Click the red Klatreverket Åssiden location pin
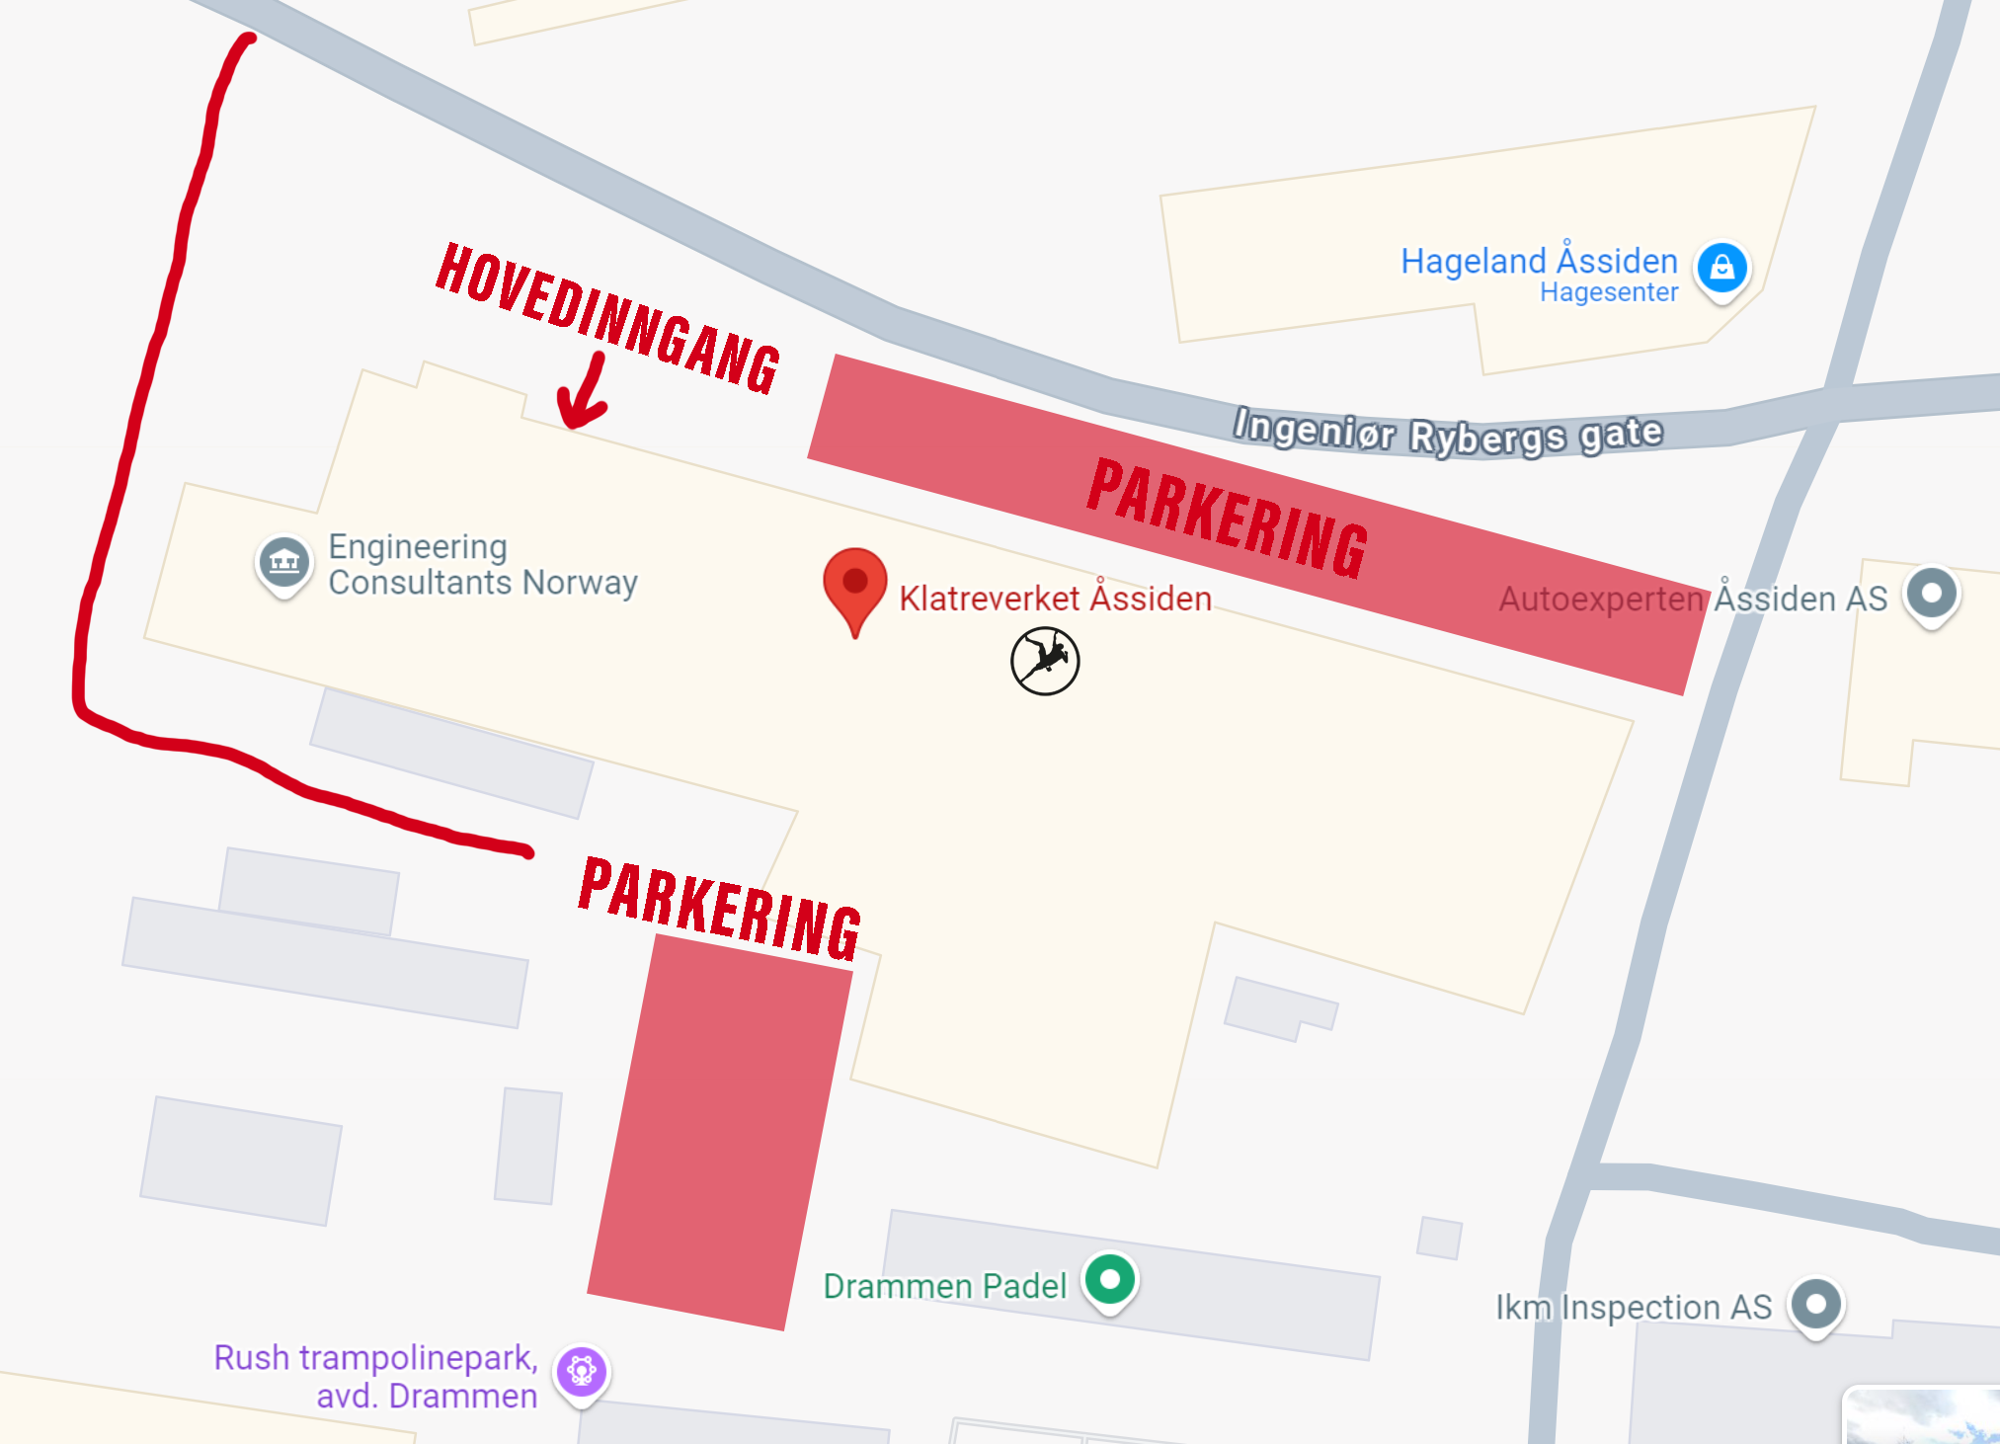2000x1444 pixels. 854,583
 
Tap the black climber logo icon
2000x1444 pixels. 1045,661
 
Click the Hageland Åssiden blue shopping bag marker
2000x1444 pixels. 1722,268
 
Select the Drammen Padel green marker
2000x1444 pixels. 1110,1280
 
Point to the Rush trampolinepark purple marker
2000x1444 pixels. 582,1371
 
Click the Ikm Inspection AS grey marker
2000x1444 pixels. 1816,1305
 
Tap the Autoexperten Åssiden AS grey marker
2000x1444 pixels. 1932,594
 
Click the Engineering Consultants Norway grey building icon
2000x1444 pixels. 283,562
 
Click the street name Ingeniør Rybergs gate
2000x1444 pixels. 1448,433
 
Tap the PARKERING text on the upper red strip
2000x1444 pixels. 1228,518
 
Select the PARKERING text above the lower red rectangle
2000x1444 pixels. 720,909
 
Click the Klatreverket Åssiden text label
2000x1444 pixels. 1055,599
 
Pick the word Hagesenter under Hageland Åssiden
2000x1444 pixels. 1609,292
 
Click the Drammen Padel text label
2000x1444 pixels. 945,1286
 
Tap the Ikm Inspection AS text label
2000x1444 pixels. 1634,1307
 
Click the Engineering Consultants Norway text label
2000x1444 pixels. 482,564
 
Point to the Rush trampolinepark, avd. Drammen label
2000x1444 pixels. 376,1376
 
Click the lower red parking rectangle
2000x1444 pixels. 719,1132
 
